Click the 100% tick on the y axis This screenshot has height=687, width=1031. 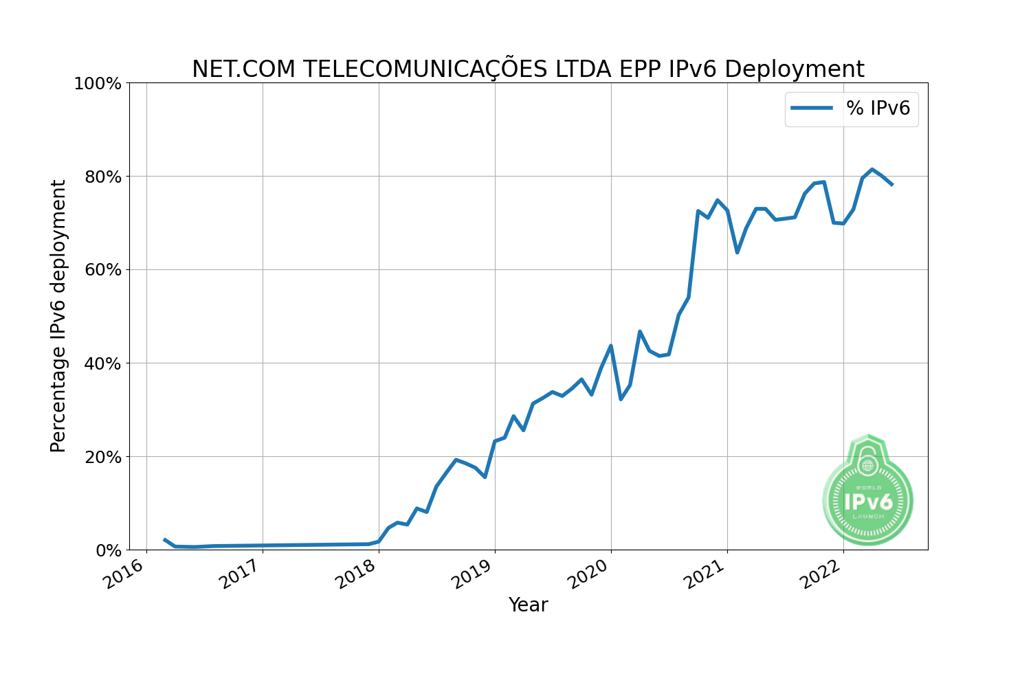[97, 84]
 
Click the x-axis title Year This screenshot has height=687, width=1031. [528, 605]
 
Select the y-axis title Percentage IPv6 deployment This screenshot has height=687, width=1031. [59, 316]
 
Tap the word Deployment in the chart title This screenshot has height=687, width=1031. [794, 69]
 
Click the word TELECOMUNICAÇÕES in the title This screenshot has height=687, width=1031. [423, 69]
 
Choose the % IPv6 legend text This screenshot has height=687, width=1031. [878, 109]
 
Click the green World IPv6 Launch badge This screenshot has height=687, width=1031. [868, 491]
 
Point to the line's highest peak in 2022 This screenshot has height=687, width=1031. [872, 169]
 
